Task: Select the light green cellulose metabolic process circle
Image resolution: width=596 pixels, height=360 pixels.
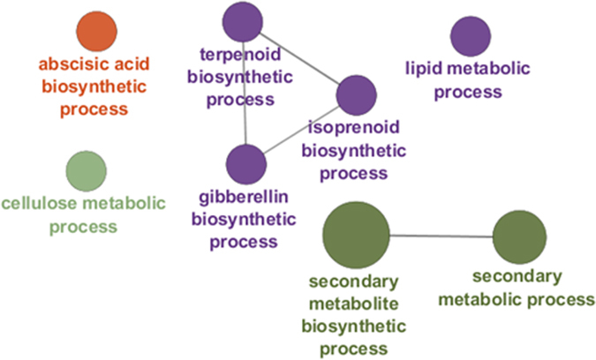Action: click(x=87, y=170)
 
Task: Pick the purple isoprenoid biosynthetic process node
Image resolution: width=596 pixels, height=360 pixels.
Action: click(x=357, y=95)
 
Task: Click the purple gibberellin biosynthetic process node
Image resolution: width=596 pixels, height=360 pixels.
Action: click(x=246, y=165)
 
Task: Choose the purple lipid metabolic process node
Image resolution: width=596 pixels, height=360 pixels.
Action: click(x=471, y=36)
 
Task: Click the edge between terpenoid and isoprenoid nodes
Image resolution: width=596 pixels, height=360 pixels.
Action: click(x=296, y=60)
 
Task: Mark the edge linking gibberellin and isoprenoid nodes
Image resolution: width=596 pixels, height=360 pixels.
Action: click(x=301, y=131)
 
